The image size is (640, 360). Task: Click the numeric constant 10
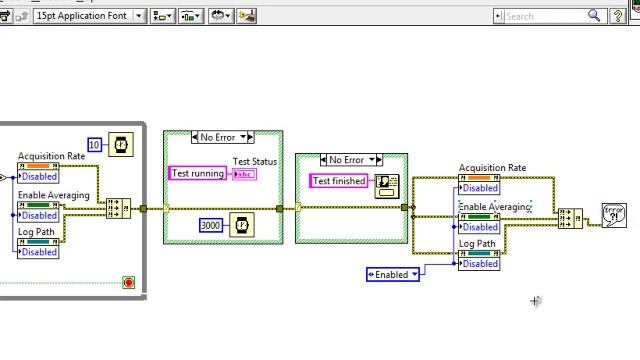pyautogui.click(x=95, y=145)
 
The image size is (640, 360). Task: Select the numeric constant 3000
pyautogui.click(x=211, y=225)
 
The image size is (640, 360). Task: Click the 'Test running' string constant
pyautogui.click(x=198, y=174)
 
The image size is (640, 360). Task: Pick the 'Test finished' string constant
pyautogui.click(x=339, y=181)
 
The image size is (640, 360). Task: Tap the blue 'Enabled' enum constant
pyautogui.click(x=393, y=274)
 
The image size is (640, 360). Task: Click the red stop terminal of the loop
pyautogui.click(x=128, y=283)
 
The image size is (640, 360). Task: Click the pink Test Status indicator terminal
pyautogui.click(x=244, y=174)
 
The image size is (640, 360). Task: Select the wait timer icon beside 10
pyautogui.click(x=120, y=145)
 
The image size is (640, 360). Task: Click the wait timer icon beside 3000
pyautogui.click(x=241, y=225)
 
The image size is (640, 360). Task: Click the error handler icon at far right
pyautogui.click(x=614, y=215)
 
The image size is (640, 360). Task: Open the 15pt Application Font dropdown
pyautogui.click(x=89, y=16)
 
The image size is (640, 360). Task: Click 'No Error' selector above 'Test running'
pyautogui.click(x=222, y=137)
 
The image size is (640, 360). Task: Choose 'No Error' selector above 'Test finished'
pyautogui.click(x=351, y=160)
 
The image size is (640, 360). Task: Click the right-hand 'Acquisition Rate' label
pyautogui.click(x=492, y=168)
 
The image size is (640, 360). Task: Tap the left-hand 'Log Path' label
pyautogui.click(x=36, y=232)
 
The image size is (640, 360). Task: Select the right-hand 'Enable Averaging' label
pyautogui.click(x=494, y=207)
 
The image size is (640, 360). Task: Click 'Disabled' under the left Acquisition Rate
pyautogui.click(x=39, y=177)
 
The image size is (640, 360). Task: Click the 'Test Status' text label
pyautogui.click(x=255, y=162)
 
